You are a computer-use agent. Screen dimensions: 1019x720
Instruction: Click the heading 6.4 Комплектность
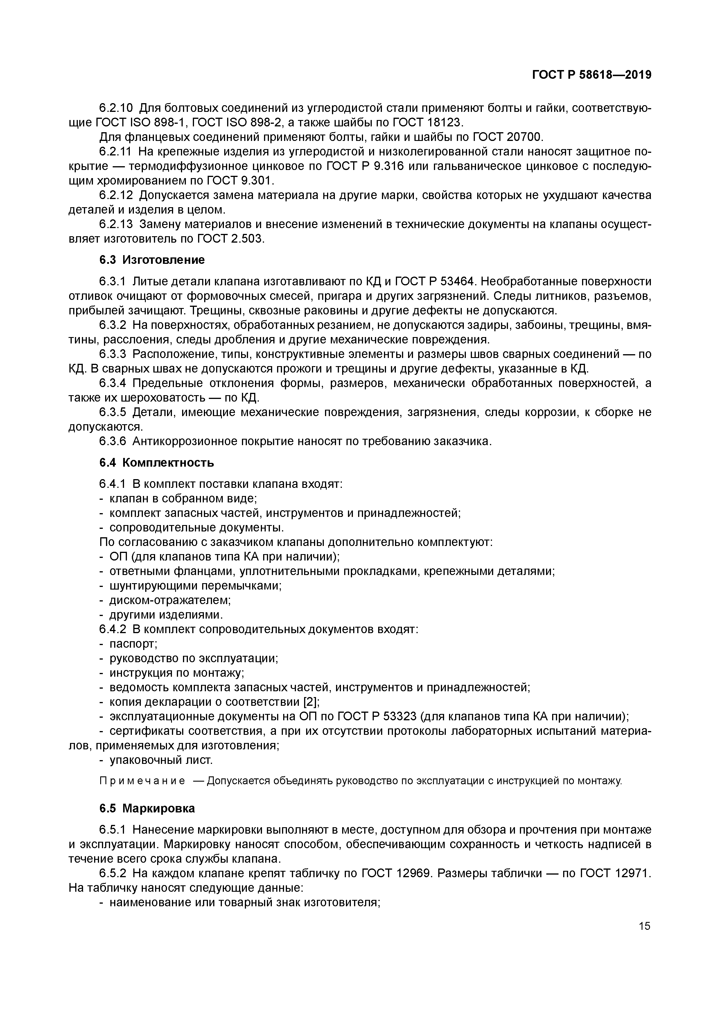(x=156, y=463)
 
